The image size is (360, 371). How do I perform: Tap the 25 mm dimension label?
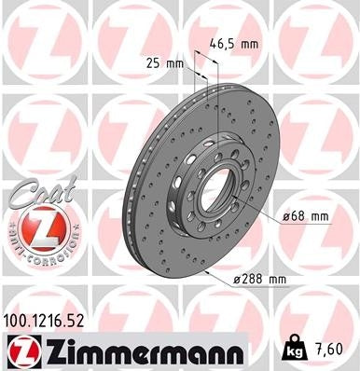tap(166, 62)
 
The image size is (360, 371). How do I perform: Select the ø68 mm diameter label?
tap(307, 216)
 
